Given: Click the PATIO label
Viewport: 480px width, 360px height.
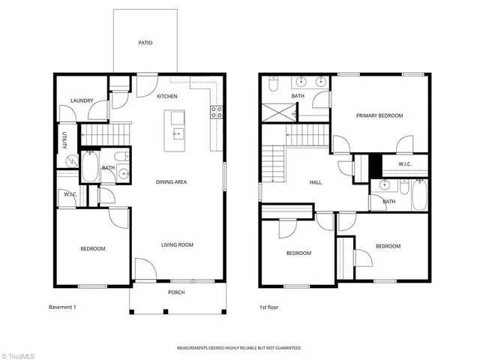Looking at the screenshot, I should [x=145, y=43].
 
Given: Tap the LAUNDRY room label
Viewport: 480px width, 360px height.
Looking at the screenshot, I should [x=81, y=100].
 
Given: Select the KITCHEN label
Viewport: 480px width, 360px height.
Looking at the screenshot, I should [x=166, y=97].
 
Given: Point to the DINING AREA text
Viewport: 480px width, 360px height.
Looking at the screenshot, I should [x=171, y=181].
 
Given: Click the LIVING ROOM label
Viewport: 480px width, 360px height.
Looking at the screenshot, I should [x=178, y=244].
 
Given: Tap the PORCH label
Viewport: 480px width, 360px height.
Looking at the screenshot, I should [x=175, y=292].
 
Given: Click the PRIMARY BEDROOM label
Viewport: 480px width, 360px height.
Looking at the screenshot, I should [x=379, y=115].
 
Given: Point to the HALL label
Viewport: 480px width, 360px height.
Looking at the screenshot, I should [x=316, y=182].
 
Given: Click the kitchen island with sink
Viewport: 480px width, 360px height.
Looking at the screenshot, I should [x=177, y=127].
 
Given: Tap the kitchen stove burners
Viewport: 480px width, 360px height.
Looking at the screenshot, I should [x=216, y=112].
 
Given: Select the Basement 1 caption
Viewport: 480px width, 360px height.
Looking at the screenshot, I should [x=63, y=307].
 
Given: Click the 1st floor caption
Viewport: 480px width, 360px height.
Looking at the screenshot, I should [x=269, y=307].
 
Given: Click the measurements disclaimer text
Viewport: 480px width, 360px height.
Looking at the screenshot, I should [x=239, y=348].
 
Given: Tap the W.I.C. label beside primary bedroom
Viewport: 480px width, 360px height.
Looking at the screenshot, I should [x=404, y=164].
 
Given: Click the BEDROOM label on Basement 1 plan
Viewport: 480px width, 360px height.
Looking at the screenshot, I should [x=93, y=248].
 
